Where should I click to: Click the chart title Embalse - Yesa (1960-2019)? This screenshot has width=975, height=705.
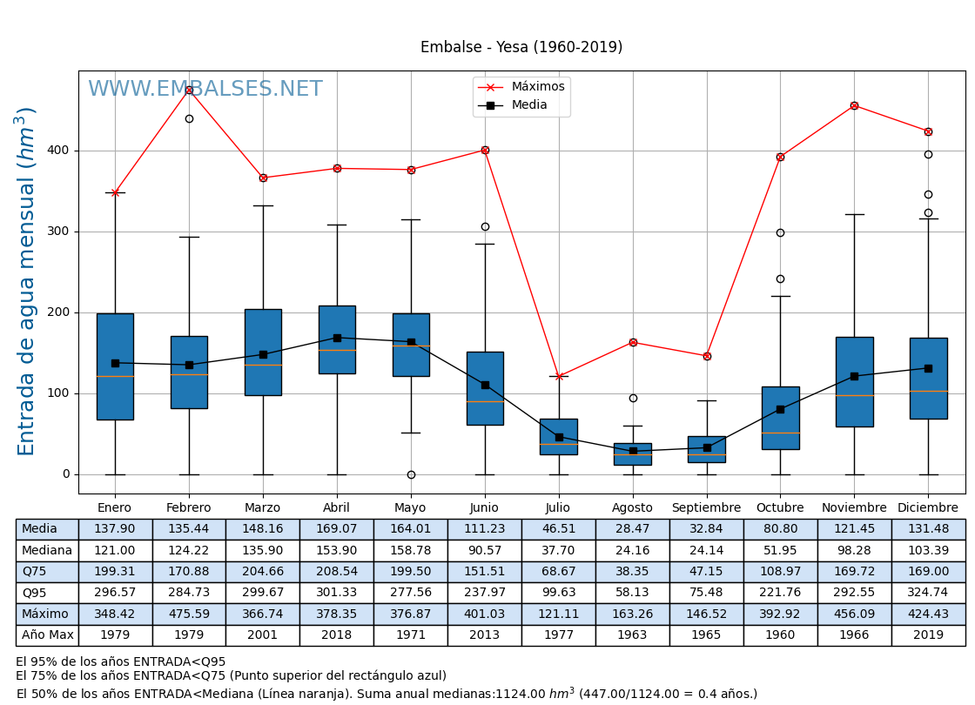pos(521,48)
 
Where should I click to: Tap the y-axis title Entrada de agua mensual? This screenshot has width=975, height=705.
pos(27,281)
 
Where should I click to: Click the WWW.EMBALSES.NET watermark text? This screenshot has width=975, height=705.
pos(205,90)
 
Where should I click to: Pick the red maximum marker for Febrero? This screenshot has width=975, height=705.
pos(189,90)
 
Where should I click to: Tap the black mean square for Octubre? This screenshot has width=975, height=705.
pos(780,409)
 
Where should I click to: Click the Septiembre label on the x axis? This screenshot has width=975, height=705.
pos(706,508)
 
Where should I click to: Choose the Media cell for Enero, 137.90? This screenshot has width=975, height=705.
pos(115,529)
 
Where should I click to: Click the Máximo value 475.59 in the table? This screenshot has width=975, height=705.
pos(189,614)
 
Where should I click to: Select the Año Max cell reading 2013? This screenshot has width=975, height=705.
pos(485,635)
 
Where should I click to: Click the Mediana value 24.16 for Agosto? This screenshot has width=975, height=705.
pos(633,550)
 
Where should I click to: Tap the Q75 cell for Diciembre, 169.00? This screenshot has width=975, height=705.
pos(928,572)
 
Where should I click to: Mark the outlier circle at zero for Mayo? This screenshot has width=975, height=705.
pos(411,474)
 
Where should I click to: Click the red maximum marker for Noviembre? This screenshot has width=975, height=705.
pos(854,105)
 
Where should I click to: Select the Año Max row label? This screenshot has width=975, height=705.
pos(47,635)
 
